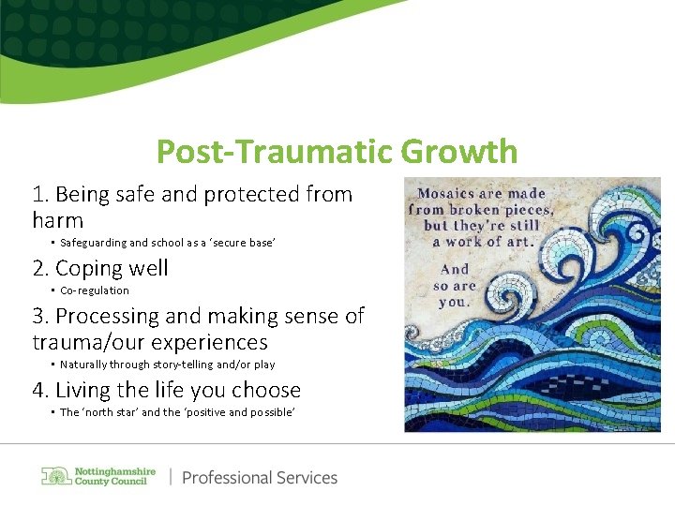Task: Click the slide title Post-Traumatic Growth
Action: pos(337,151)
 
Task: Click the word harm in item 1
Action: pos(57,221)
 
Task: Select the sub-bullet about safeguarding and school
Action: pos(167,243)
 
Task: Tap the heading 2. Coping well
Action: pos(100,268)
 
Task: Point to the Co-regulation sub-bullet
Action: pos(94,290)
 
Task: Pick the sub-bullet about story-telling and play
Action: pos(167,365)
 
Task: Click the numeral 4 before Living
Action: pos(38,390)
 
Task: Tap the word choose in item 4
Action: pos(267,390)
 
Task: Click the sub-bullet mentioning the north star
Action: pos(177,412)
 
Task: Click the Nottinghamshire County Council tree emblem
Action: pos(55,476)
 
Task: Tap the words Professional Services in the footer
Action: pos(260,478)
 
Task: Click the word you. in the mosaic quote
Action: pos(454,301)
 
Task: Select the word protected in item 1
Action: pos(247,195)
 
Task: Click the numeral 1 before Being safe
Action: pos(37,195)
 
